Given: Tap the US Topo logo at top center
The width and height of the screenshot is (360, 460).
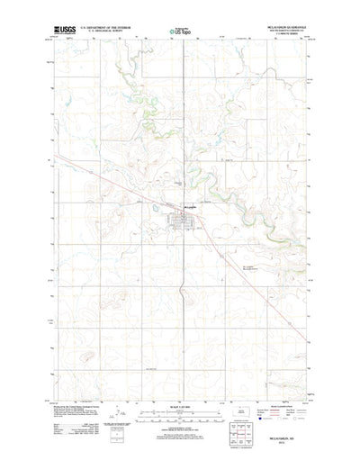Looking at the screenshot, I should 180,31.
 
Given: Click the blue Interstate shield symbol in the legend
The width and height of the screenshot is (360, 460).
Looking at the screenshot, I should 259,418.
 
